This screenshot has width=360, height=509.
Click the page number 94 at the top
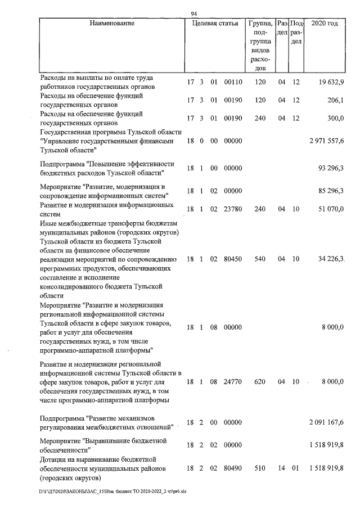pos(193,13)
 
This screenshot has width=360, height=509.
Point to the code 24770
pos(232,381)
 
